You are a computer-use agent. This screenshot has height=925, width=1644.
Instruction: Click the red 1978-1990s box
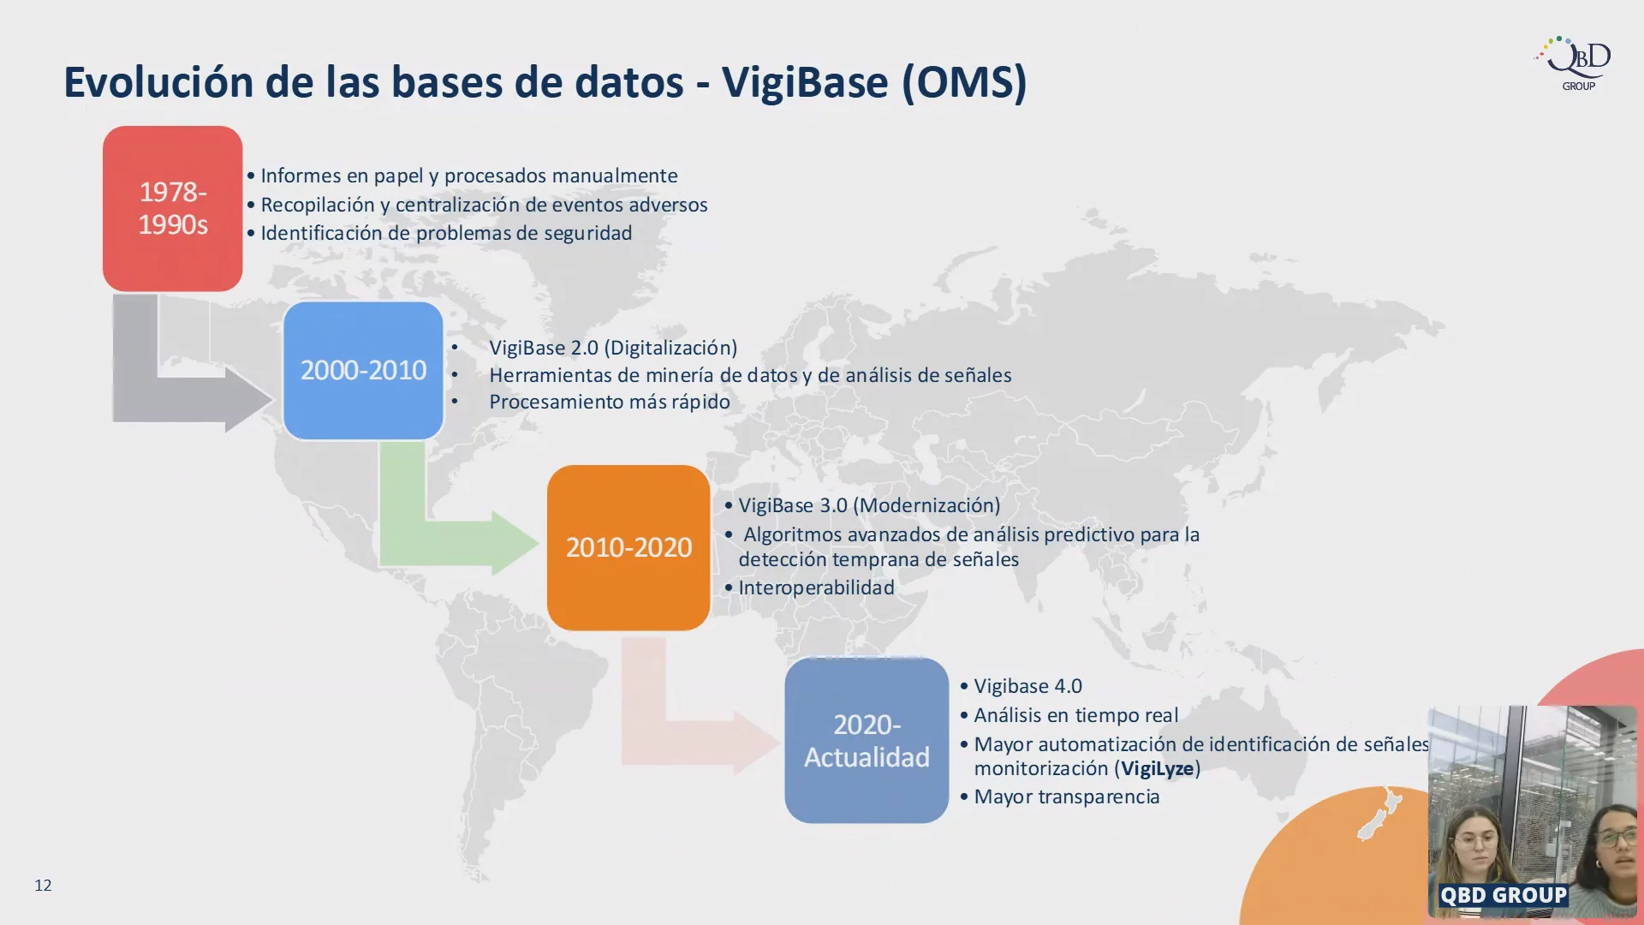point(172,208)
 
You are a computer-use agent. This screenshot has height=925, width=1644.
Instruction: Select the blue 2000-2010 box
point(363,370)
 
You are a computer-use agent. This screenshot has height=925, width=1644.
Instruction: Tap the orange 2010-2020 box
point(628,547)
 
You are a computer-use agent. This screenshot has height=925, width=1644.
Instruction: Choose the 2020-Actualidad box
point(867,740)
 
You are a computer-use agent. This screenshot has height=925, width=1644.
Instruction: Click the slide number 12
point(43,885)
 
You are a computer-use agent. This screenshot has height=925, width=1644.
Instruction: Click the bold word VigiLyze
point(1158,768)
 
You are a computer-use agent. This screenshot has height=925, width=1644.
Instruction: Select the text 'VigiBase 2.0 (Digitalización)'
point(613,348)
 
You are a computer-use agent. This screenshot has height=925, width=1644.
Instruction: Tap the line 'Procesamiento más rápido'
point(610,402)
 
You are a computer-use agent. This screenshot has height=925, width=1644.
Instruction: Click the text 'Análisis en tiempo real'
point(1075,715)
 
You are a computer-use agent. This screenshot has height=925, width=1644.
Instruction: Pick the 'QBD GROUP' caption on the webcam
point(1504,895)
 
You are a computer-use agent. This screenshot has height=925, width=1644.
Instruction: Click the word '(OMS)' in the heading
point(964,83)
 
